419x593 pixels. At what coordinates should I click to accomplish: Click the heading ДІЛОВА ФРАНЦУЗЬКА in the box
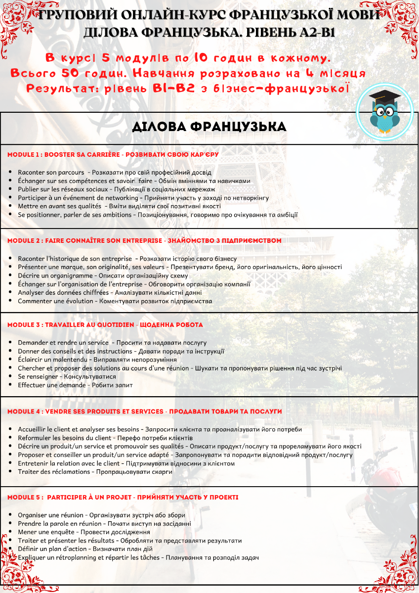point(209,127)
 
